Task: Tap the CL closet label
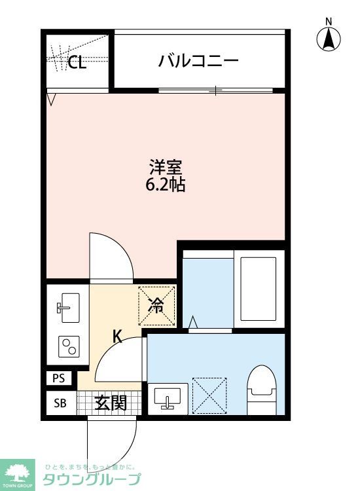tap(77, 63)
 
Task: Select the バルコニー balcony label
tap(198, 62)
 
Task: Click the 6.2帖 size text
tap(165, 185)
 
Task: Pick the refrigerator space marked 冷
tap(157, 304)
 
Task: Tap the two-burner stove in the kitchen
tap(67, 346)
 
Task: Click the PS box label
tap(59, 378)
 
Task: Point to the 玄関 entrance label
tap(110, 403)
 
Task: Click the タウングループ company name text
tap(92, 479)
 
